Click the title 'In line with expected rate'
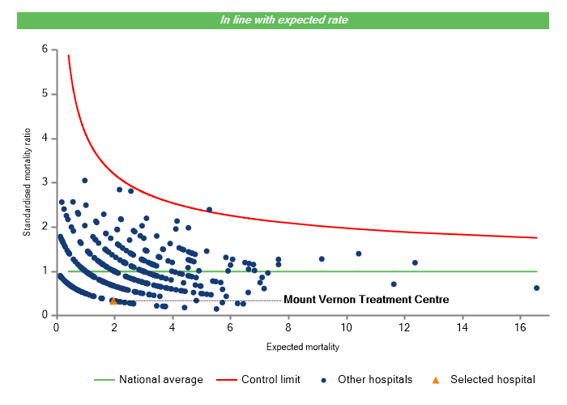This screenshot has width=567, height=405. click(x=284, y=20)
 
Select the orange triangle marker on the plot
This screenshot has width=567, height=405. click(x=113, y=301)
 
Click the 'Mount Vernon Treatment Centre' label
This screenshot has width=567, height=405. click(x=365, y=300)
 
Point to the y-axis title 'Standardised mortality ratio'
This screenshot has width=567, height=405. click(x=27, y=181)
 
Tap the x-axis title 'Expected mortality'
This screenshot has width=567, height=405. click(x=302, y=347)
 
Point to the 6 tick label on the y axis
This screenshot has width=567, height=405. click(x=45, y=49)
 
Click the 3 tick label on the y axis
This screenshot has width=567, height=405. click(x=45, y=182)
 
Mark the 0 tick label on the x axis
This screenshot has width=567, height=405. click(x=56, y=327)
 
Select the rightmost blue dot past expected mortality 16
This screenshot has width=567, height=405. click(x=536, y=288)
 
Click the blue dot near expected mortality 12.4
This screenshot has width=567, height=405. click(x=415, y=262)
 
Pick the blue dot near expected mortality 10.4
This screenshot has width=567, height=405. click(x=358, y=254)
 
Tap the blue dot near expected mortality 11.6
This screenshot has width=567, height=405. click(x=394, y=284)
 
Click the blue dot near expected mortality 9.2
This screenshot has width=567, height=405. click(x=322, y=259)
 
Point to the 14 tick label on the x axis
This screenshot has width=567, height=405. click(x=462, y=327)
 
